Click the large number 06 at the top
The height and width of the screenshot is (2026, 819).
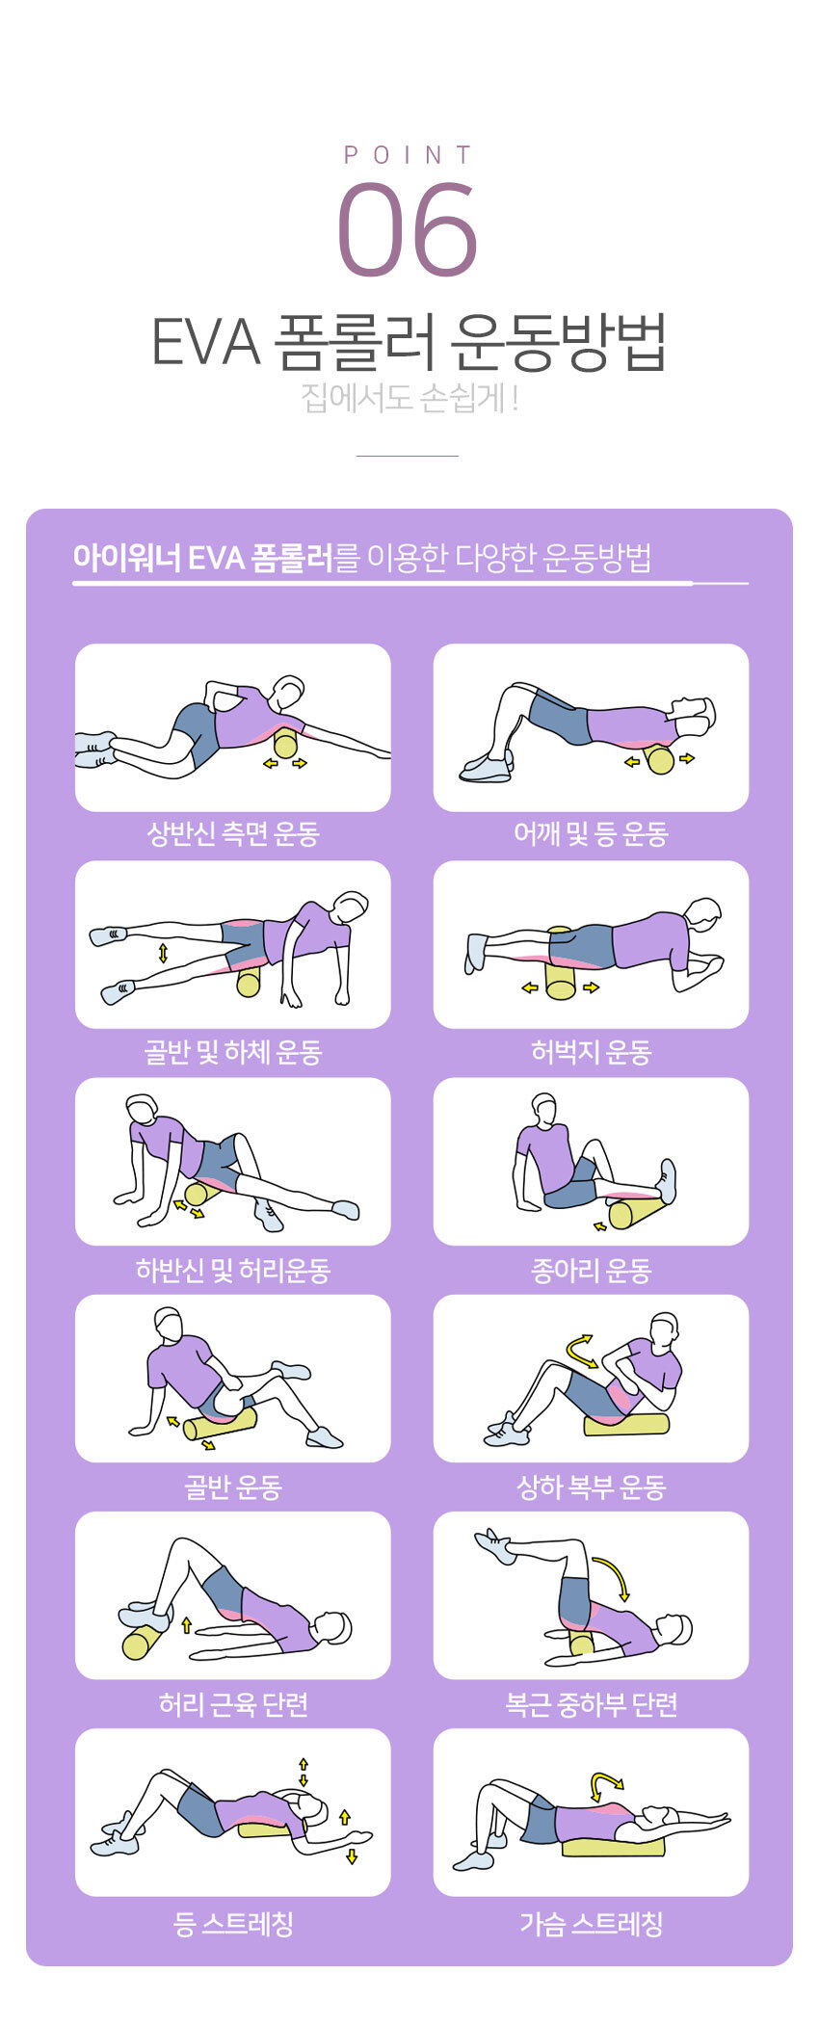pos(408,231)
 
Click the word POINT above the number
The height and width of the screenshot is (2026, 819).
pos(409,155)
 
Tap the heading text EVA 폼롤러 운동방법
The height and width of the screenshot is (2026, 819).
pos(409,342)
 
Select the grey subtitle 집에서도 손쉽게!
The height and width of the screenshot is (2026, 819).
pos(409,398)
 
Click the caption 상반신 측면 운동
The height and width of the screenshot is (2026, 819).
pos(232,834)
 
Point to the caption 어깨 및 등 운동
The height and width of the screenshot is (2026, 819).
pos(591,834)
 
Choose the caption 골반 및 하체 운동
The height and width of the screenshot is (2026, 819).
pos(232,1052)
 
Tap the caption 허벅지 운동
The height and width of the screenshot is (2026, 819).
pos(591,1052)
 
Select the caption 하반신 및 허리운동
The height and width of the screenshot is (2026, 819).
pos(232,1271)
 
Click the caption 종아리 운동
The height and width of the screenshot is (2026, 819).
pos(591,1271)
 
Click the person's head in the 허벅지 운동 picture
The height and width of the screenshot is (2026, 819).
pos(703,912)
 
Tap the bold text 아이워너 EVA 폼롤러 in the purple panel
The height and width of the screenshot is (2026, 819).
pos(202,557)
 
